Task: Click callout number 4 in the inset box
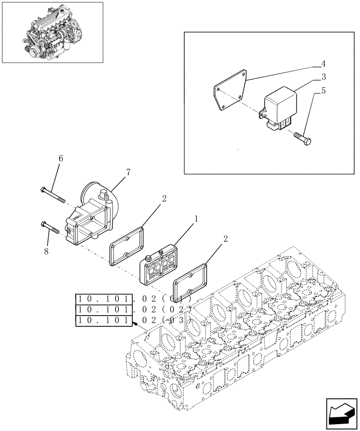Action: coord(323,64)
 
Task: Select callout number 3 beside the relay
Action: coord(323,77)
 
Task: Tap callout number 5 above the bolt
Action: coord(323,91)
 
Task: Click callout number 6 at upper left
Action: coord(61,159)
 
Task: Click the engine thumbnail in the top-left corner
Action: coord(53,32)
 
